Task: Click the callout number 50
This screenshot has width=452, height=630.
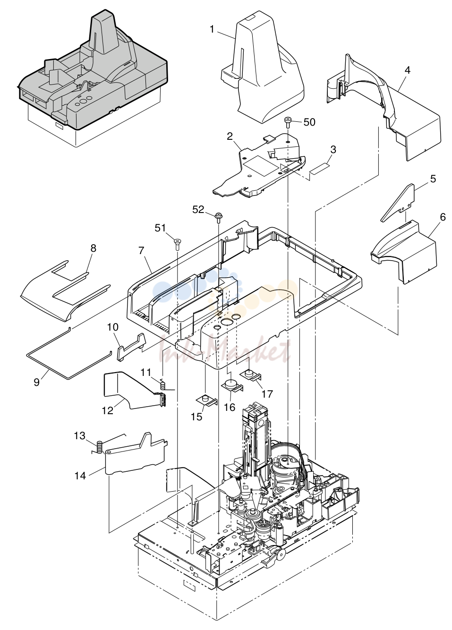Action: tap(309, 122)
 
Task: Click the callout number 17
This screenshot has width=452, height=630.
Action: tap(267, 394)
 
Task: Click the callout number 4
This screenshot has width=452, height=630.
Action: tap(407, 70)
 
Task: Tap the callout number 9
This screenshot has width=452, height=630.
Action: tap(36, 383)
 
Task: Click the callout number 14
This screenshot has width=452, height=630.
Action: tap(80, 476)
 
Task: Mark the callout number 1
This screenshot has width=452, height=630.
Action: tap(212, 29)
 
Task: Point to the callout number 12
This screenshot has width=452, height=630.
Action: tap(107, 410)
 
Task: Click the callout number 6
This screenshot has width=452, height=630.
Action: tap(443, 217)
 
